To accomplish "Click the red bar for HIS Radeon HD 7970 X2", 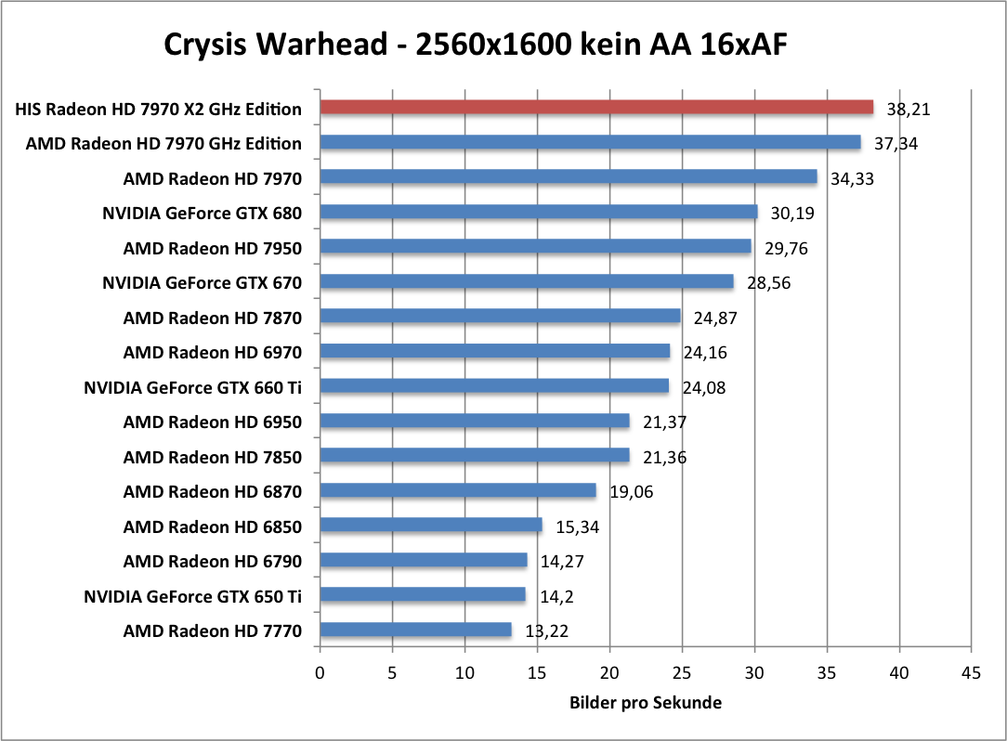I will (x=596, y=108).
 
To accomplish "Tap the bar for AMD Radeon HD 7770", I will (x=415, y=630).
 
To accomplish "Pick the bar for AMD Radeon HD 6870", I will (x=458, y=490).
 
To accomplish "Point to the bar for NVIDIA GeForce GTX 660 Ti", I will (x=494, y=386).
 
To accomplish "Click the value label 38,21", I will (x=909, y=109).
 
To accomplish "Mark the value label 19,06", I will (x=631, y=491).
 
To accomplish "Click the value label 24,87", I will (x=715, y=318).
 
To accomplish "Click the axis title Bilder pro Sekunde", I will (x=645, y=703).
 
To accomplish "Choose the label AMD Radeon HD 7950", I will (x=212, y=248).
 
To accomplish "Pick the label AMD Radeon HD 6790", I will (x=212, y=561).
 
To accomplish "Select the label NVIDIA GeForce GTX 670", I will (x=202, y=282).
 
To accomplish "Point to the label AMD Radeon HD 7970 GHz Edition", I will (x=163, y=143).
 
